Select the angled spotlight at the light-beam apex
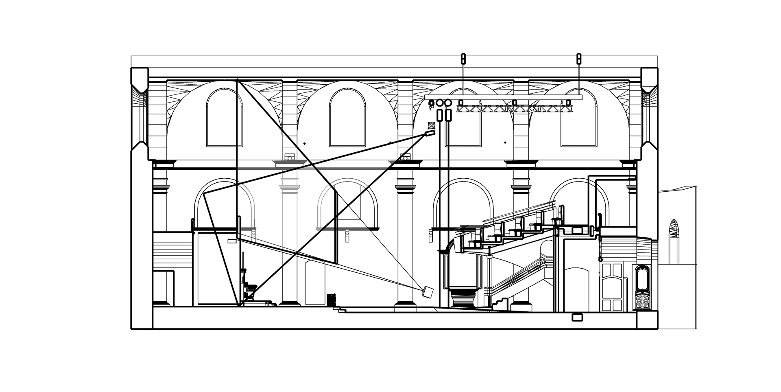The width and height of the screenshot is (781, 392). click(x=430, y=134)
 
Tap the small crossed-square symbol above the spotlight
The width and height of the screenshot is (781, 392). click(x=431, y=126)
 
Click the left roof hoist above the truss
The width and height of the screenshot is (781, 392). click(x=462, y=59)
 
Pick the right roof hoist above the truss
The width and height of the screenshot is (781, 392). click(x=579, y=59)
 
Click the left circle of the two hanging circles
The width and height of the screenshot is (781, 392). click(x=439, y=103)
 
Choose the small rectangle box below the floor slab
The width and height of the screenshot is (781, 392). click(x=576, y=318)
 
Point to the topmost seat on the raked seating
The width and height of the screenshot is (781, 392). click(x=561, y=212)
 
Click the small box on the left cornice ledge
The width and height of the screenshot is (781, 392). click(x=289, y=157)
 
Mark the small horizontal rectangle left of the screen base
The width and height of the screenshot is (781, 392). click(x=232, y=241)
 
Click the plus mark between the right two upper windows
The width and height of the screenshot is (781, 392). click(x=505, y=143)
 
